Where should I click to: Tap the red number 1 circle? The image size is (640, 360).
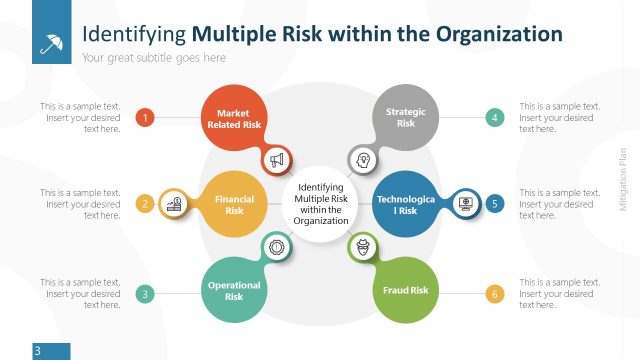[x=145, y=118]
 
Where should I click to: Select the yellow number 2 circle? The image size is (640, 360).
[x=145, y=204]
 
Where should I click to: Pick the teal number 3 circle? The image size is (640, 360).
[x=145, y=294]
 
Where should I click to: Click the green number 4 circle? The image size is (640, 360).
[x=494, y=118]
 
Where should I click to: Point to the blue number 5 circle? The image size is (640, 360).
[x=494, y=204]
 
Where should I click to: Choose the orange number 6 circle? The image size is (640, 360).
[x=494, y=294]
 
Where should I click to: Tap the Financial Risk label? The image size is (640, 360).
[x=234, y=205]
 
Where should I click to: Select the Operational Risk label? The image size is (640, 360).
[x=234, y=291]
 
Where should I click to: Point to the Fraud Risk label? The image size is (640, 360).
[x=406, y=291]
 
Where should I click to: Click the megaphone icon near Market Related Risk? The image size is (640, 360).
[x=277, y=159]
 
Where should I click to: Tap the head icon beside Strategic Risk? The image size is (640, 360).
[x=362, y=160]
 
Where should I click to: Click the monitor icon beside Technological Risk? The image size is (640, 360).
[x=465, y=204]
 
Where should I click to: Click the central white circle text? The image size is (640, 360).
[x=320, y=204]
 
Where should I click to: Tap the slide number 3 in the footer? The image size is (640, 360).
[x=37, y=351]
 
